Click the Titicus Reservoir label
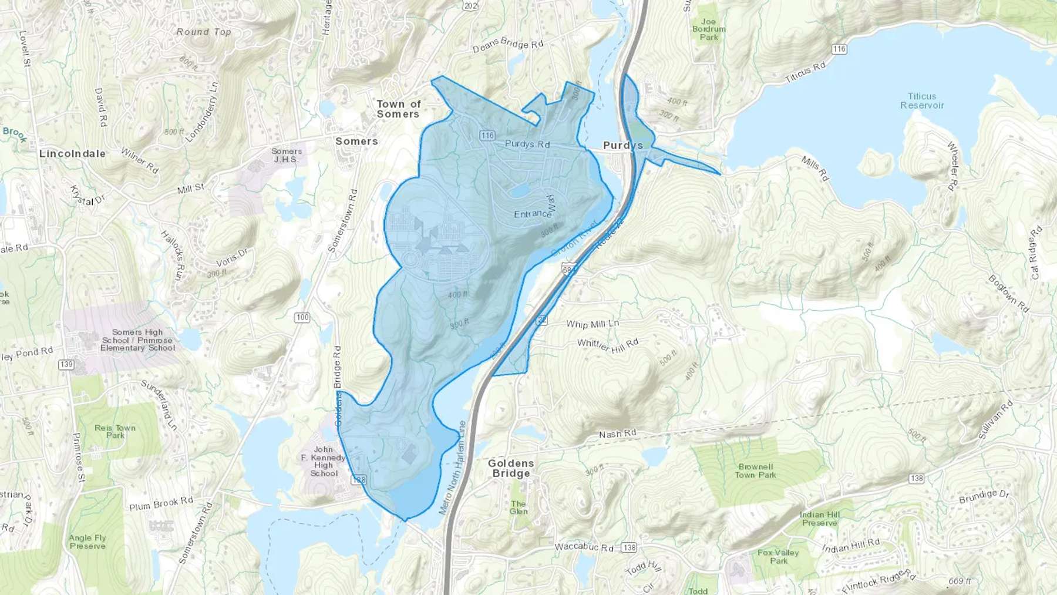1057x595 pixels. click(x=922, y=101)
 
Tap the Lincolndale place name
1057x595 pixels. click(x=72, y=154)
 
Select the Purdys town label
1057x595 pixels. click(x=622, y=145)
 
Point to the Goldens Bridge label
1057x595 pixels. click(x=511, y=468)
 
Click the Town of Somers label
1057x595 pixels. click(x=399, y=109)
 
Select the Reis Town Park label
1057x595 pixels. click(x=115, y=432)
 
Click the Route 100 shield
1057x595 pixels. click(x=302, y=317)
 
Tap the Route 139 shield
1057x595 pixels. click(x=66, y=365)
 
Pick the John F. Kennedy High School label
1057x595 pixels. click(x=324, y=461)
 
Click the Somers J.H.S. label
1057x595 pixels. click(x=286, y=155)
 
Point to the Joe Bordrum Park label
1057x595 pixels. click(x=709, y=29)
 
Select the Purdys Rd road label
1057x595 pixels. click(x=527, y=144)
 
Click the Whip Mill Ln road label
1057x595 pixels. click(x=592, y=324)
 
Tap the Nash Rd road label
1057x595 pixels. click(x=617, y=434)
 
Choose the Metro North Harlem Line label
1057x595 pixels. click(x=452, y=468)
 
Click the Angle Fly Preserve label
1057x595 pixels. click(x=87, y=542)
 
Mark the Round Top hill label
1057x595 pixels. click(x=204, y=32)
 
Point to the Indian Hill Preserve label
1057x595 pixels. click(x=820, y=519)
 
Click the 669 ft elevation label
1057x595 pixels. click(x=959, y=581)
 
